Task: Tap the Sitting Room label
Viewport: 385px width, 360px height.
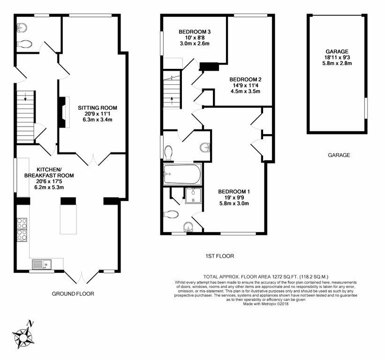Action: tap(98, 108)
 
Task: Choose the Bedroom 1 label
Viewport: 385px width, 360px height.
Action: tap(234, 191)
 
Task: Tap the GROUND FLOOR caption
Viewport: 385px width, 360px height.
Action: tap(73, 294)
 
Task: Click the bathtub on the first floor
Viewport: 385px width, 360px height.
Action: tap(182, 174)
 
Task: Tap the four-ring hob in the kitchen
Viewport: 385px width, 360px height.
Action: tap(22, 229)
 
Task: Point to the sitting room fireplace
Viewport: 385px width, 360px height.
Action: tap(62, 112)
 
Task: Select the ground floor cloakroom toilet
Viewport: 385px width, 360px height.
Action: tap(25, 44)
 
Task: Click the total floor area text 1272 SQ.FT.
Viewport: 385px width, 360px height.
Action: tap(265, 277)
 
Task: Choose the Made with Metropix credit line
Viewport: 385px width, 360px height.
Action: tap(265, 304)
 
